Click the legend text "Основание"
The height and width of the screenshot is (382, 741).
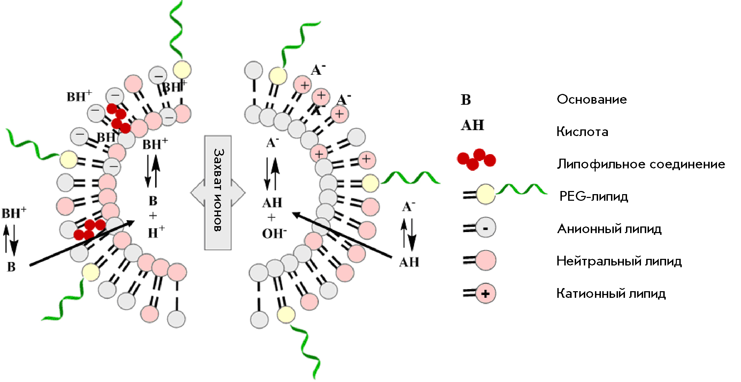pos(591,100)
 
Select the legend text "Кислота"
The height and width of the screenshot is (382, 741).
pos(582,132)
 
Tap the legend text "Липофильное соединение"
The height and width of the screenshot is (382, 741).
pos(641,164)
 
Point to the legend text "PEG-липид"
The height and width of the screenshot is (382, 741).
pos(594,196)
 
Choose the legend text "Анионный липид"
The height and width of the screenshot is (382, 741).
pos(609,229)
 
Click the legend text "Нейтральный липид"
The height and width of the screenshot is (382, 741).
pos(619,261)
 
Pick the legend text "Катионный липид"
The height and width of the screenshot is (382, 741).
pos(611,293)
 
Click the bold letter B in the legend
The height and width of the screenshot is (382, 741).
pos(466,100)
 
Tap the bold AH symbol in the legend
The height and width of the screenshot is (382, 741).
pos(472,125)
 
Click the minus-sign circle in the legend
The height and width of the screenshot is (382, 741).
pos(486,228)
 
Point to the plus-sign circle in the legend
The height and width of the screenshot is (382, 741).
pos(486,293)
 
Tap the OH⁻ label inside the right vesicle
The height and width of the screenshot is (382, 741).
pos(274,233)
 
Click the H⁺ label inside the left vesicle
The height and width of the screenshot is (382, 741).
pos(156,232)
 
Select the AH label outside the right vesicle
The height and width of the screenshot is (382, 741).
pos(409,262)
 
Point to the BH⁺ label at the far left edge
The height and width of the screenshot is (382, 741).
pos(14,213)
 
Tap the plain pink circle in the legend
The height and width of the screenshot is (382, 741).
pos(486,261)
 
